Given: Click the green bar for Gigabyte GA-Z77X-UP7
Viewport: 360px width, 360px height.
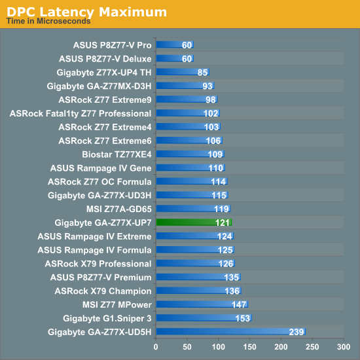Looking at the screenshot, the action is click(194, 223).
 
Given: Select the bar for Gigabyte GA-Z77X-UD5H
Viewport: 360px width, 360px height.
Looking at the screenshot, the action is click(231, 332).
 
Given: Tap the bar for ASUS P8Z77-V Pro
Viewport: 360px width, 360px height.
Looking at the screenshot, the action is click(175, 45).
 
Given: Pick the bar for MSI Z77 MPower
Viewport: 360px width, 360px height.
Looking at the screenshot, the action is click(202, 304).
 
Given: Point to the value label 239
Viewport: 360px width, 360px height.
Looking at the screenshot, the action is click(297, 332).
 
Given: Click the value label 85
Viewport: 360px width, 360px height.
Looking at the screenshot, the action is click(202, 73).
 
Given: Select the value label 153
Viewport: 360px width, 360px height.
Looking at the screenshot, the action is click(243, 319).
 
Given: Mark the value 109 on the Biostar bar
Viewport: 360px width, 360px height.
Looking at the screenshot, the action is click(215, 154).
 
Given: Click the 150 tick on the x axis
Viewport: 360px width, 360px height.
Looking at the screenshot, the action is click(249, 347).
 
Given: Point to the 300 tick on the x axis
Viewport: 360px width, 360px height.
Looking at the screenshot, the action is click(344, 347).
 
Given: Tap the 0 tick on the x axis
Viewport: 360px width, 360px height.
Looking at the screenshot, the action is click(156, 347).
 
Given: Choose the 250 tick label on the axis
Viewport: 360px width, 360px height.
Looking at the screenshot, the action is click(312, 347).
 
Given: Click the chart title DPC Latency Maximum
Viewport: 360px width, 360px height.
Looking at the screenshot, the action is click(86, 12).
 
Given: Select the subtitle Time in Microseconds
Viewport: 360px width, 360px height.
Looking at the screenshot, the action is click(48, 21).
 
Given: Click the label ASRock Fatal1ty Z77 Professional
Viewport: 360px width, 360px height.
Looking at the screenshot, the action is click(81, 113).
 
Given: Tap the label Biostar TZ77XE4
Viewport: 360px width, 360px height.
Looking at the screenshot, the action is click(117, 154).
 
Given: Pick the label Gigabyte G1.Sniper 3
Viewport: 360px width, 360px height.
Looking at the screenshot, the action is click(107, 319).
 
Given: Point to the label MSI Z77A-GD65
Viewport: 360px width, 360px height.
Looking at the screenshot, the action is click(119, 209).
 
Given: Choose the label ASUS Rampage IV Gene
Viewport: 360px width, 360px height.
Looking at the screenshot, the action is click(101, 168).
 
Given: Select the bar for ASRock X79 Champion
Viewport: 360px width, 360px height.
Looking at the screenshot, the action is click(199, 291).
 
